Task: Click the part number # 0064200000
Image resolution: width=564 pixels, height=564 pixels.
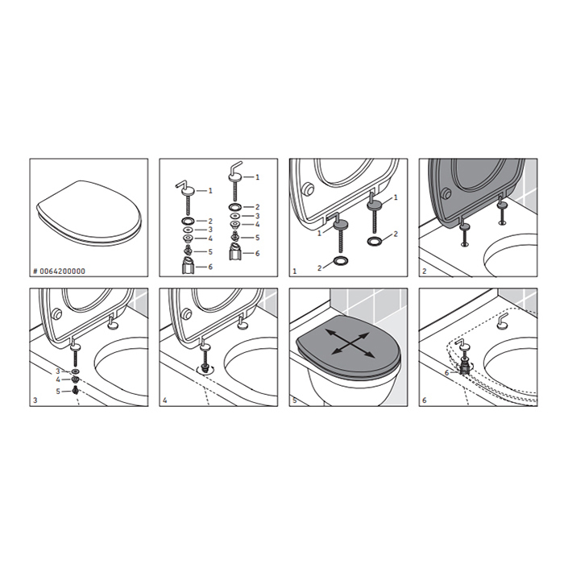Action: tap(60, 272)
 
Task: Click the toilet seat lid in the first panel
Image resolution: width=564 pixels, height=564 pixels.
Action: tap(89, 213)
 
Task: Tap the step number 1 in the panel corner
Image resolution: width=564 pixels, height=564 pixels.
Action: tap(295, 272)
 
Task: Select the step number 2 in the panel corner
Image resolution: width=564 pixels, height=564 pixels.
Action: tap(425, 272)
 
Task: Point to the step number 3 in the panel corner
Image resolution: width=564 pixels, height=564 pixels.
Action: tap(35, 400)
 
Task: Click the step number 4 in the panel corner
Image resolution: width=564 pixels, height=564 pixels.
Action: tap(164, 400)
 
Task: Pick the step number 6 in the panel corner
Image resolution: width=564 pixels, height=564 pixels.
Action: tap(425, 400)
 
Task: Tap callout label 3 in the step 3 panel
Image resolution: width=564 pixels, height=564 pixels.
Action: tap(57, 371)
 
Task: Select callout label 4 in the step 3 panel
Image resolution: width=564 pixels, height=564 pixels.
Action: tap(57, 379)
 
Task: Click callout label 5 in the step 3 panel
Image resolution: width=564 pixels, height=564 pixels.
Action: tap(57, 391)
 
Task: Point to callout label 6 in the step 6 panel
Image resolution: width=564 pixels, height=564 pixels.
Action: tap(446, 373)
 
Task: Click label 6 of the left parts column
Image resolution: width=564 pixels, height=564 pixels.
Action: tap(210, 267)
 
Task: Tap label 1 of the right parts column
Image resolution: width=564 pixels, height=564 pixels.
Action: tap(257, 177)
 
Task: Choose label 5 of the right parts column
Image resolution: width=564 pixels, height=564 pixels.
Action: tap(257, 238)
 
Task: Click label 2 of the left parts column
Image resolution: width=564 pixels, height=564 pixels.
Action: tap(210, 222)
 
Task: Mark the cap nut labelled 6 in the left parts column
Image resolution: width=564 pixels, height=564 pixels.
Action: tap(189, 265)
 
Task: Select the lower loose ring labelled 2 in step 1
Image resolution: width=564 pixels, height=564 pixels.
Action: tap(341, 260)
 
